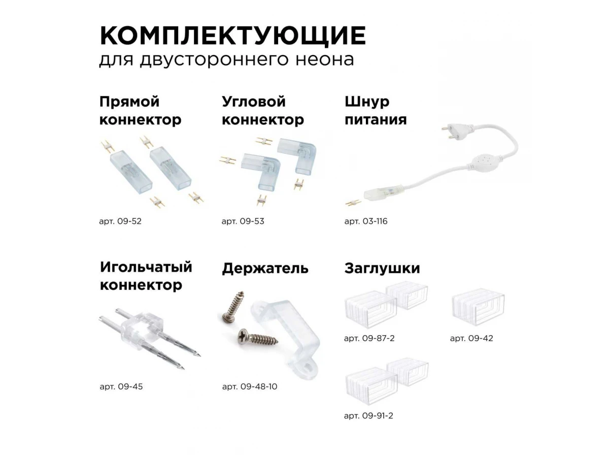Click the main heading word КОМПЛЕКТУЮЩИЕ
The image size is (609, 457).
pyautogui.click(x=232, y=36)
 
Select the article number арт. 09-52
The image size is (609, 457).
pyautogui.click(x=120, y=221)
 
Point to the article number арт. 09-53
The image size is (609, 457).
pyautogui.click(x=243, y=221)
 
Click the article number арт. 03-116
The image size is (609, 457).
pyautogui.click(x=366, y=221)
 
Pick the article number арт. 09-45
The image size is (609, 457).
pyautogui.click(x=121, y=386)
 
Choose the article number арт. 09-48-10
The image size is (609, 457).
pyautogui.click(x=249, y=386)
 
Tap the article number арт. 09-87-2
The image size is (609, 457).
pyautogui.click(x=369, y=338)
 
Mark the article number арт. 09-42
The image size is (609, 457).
pyautogui.click(x=471, y=338)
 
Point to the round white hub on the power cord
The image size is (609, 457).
pyautogui.click(x=484, y=162)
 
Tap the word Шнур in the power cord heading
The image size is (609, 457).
pyautogui.click(x=367, y=102)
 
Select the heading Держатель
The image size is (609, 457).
pyautogui.click(x=265, y=269)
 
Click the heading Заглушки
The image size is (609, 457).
pyautogui.click(x=382, y=269)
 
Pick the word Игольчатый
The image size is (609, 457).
pyautogui.click(x=146, y=267)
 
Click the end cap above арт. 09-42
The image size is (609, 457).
pyautogui.click(x=478, y=308)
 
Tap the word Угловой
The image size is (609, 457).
pyautogui.click(x=254, y=102)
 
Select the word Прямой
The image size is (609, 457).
pyautogui.click(x=129, y=102)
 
